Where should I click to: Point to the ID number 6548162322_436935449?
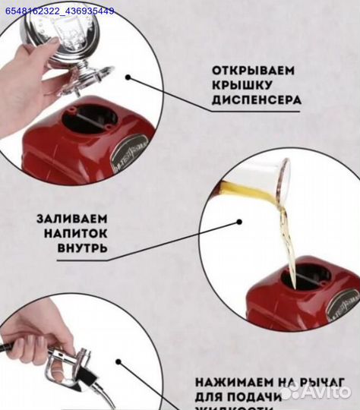59,11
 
